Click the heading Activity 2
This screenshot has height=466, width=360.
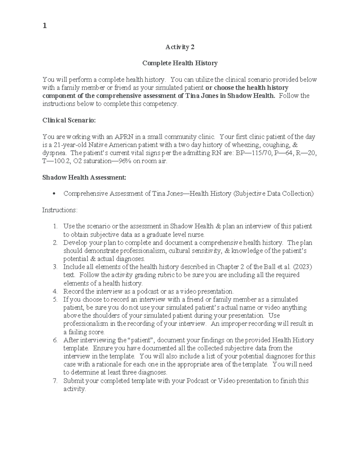point(180,47)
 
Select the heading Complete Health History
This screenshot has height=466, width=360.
point(180,63)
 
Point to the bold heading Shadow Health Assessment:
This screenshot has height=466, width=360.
point(84,177)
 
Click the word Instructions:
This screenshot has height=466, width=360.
point(60,210)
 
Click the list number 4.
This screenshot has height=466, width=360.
point(55,291)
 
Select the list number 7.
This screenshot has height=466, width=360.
point(55,381)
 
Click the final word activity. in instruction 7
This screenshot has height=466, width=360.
point(74,389)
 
